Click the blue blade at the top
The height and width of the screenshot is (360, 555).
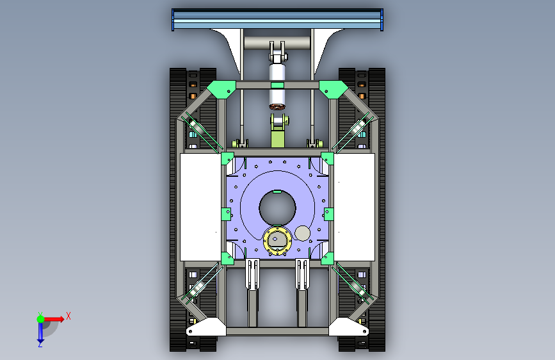[x=277, y=19]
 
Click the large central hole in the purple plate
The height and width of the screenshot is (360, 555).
[x=278, y=208]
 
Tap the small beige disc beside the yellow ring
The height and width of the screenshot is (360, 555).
[x=302, y=233]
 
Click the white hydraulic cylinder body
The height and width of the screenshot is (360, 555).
[x=277, y=84]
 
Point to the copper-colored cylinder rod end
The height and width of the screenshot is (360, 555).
[x=277, y=106]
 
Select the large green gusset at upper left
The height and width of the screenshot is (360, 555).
[x=221, y=89]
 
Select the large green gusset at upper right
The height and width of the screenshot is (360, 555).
[x=334, y=89]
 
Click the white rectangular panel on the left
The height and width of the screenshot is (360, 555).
[x=200, y=207]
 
